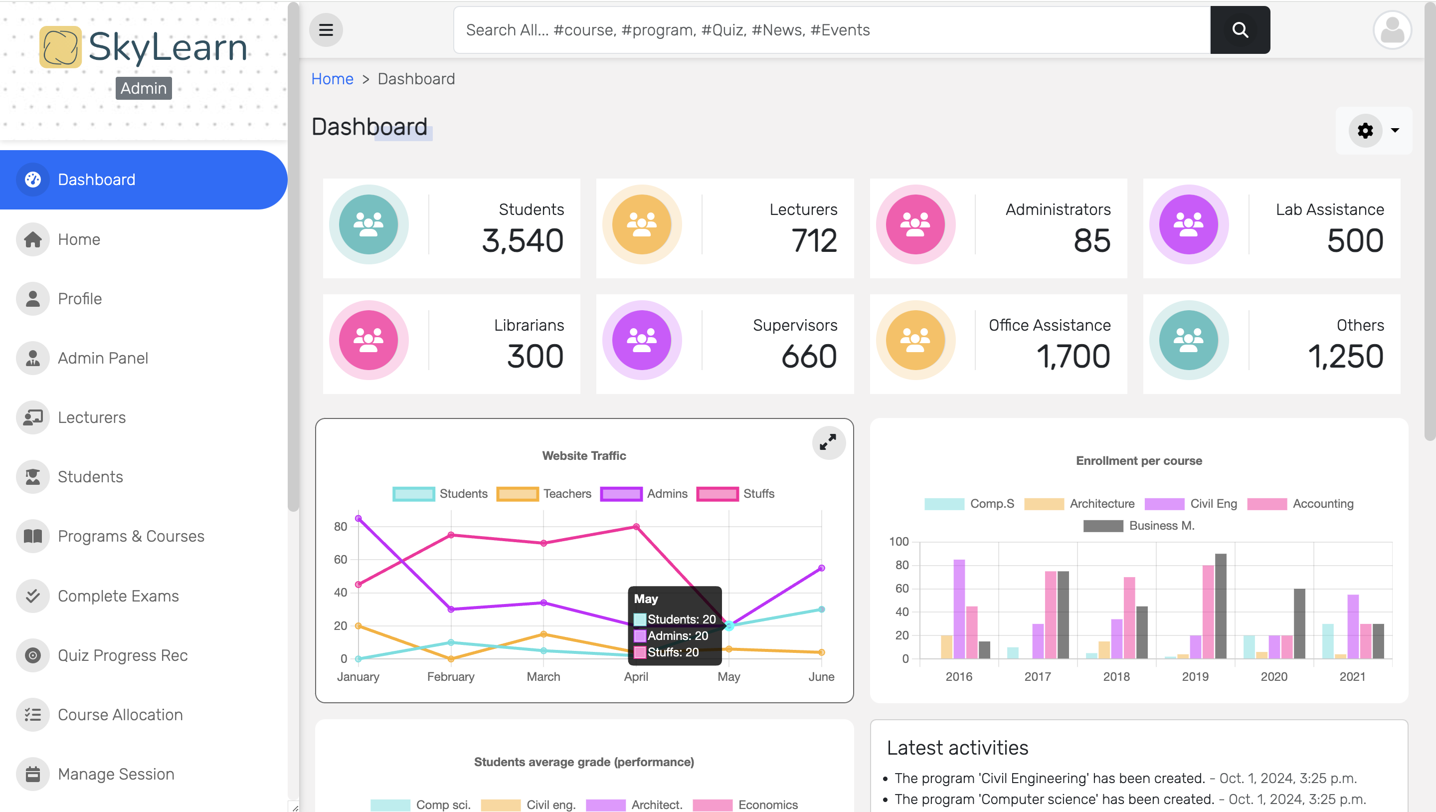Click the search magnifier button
coord(1240,30)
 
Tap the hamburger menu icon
coord(326,30)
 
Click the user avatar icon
coord(1392,30)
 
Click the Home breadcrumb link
coord(332,79)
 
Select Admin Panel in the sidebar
coord(103,358)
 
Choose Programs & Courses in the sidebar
coord(131,536)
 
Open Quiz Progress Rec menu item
coord(123,655)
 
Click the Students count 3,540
coord(523,241)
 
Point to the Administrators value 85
coord(1091,241)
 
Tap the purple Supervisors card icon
coord(642,340)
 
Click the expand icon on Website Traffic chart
coord(828,443)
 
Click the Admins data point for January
coord(359,519)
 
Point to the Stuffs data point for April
coord(636,527)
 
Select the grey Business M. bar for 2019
coord(1220,606)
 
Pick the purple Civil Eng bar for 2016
coord(959,609)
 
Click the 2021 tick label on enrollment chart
coord(1352,676)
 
